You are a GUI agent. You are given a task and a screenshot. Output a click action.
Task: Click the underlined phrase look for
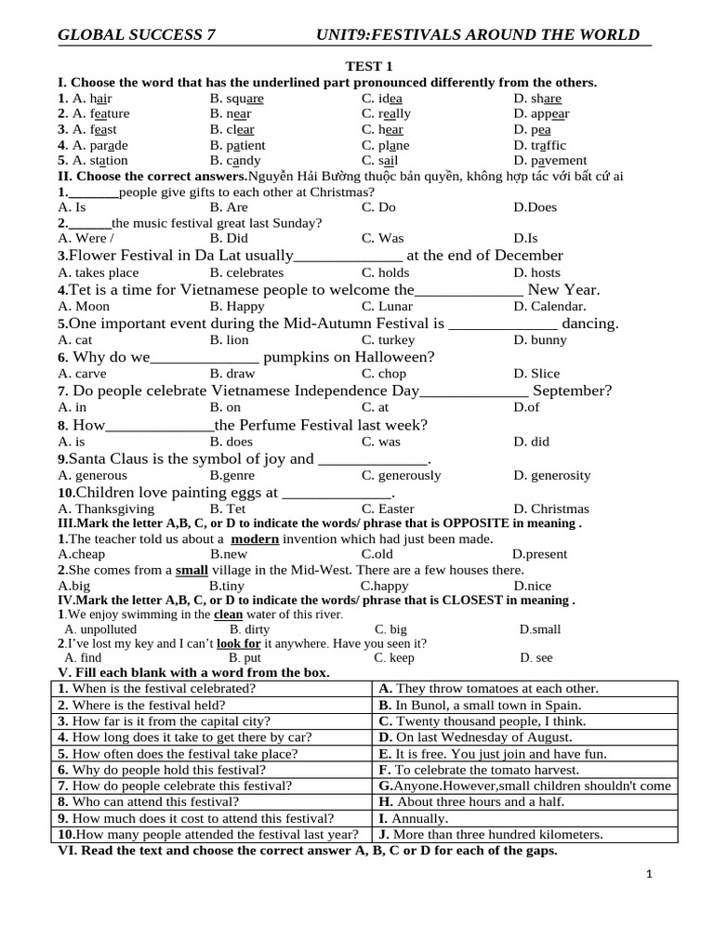[x=239, y=642]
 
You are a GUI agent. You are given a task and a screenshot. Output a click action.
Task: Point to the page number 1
[x=650, y=874]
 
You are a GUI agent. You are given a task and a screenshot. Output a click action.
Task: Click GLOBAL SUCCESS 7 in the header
[x=137, y=35]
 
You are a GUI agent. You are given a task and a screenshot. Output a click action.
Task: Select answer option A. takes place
[x=99, y=272]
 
